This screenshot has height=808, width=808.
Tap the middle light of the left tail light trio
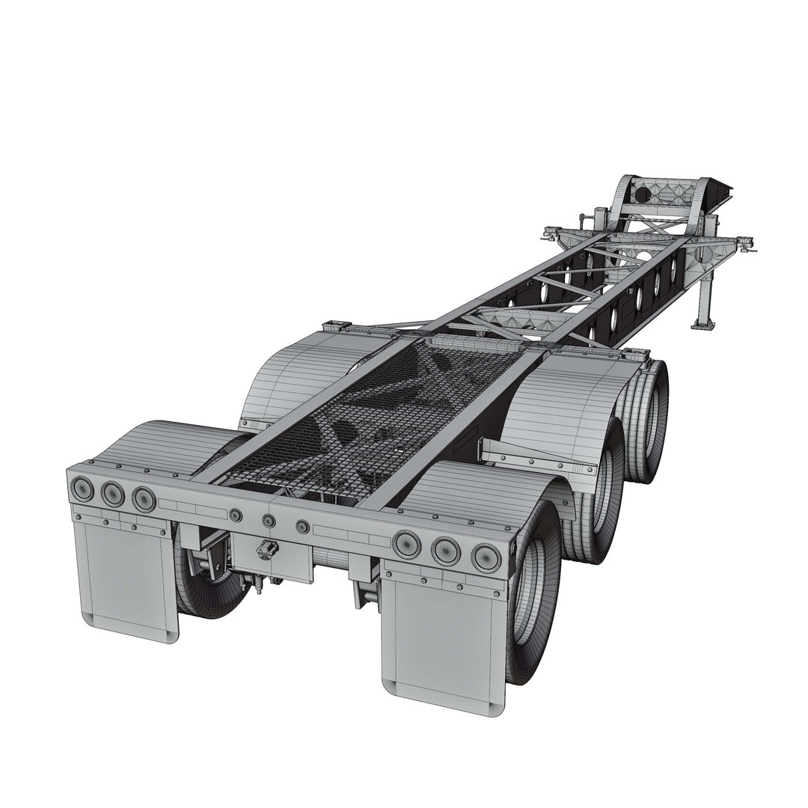pyautogui.click(x=112, y=493)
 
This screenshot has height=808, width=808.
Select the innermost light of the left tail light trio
pyautogui.click(x=141, y=498)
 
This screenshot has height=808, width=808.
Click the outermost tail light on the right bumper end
pyautogui.click(x=485, y=555)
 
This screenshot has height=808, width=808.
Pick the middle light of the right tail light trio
pyautogui.click(x=444, y=549)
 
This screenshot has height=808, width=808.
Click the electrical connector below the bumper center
pyautogui.click(x=263, y=553)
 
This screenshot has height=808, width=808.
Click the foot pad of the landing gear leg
pyautogui.click(x=703, y=323)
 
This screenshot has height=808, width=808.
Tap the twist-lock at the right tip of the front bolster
pyautogui.click(x=746, y=241)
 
